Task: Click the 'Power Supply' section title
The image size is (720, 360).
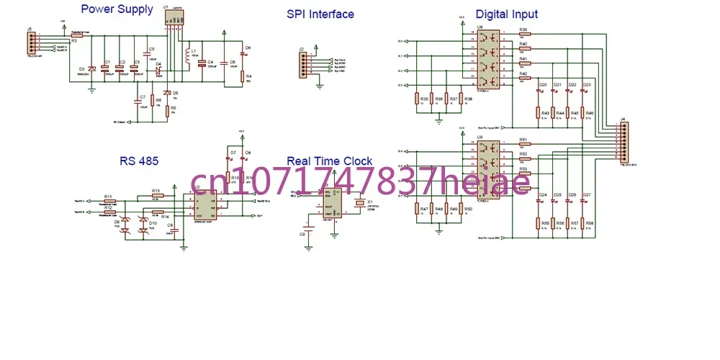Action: [117, 9]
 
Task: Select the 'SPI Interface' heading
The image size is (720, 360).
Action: [320, 14]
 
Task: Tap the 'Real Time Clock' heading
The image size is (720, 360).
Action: [330, 161]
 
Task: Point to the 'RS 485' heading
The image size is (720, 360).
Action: [140, 161]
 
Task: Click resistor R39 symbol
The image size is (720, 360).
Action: [523, 35]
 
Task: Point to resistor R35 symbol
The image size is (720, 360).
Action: [417, 99]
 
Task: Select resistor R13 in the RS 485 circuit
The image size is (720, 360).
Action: [156, 196]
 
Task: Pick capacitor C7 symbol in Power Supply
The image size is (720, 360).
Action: [136, 98]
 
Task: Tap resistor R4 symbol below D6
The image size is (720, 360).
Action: [243, 77]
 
